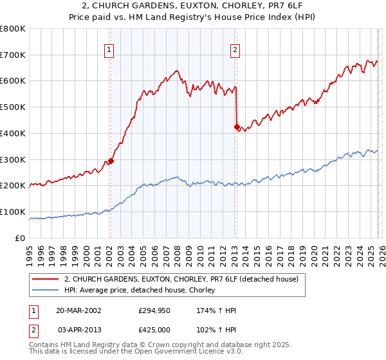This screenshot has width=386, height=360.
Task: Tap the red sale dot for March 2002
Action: tap(111, 161)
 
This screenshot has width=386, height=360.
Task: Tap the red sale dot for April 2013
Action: tap(236, 127)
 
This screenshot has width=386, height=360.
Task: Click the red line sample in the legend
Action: tap(46, 280)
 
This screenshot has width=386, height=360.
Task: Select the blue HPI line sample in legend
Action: tap(46, 291)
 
